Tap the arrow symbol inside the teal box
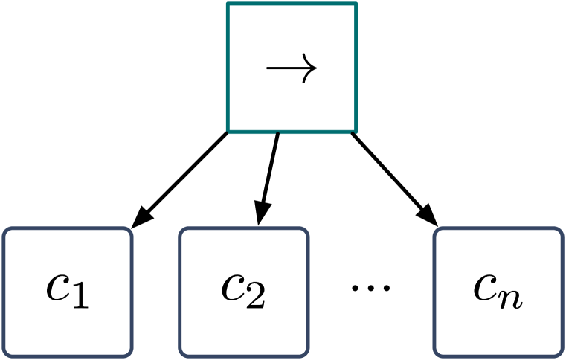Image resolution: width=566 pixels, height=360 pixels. click(292, 68)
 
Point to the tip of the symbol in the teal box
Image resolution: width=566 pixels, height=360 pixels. click(316, 68)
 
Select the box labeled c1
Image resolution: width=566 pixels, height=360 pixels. click(68, 292)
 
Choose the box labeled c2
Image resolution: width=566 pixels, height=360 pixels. click(243, 292)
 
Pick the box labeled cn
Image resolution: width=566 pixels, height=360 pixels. click(498, 292)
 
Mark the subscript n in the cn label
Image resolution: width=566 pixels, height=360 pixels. click(512, 298)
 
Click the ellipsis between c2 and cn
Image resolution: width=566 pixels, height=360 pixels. click(370, 286)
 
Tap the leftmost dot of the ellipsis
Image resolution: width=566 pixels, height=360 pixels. click(356, 286)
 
